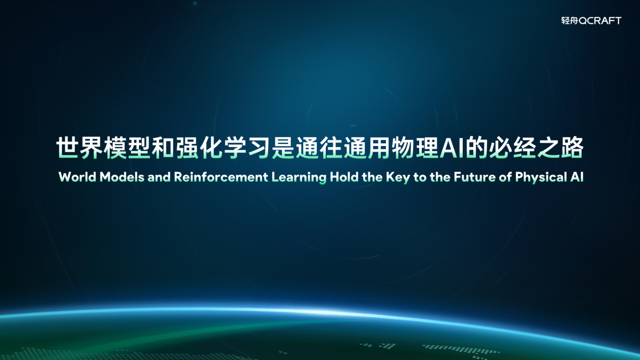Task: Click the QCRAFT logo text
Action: tap(600, 21)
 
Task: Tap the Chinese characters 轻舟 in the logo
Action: tap(570, 21)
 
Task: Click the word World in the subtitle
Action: tap(77, 177)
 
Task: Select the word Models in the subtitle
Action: tap(122, 177)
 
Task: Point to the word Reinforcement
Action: tap(221, 177)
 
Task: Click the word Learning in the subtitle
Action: tap(299, 178)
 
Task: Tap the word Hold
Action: tap(344, 177)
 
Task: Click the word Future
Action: tap(475, 177)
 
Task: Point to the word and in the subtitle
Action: tap(159, 177)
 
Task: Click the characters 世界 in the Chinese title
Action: tap(79, 147)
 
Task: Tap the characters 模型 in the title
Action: tap(127, 147)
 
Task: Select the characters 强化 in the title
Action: tap(199, 147)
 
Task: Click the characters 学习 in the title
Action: tap(247, 147)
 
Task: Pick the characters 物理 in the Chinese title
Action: tap(415, 147)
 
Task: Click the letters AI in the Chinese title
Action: tap(452, 147)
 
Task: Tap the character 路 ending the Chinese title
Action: tap(572, 147)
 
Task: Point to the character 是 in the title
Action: tap(283, 147)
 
